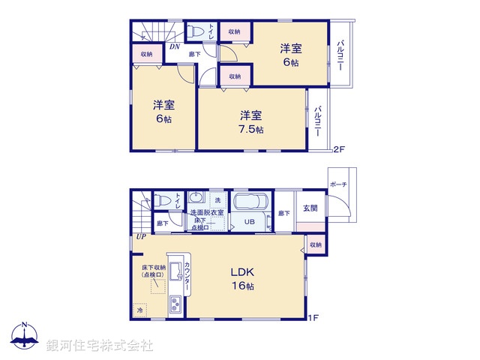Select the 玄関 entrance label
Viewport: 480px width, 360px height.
pos(310,208)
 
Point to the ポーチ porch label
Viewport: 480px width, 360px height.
pos(337,183)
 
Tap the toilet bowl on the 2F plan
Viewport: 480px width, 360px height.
pos(196,32)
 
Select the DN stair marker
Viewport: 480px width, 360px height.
pos(174,47)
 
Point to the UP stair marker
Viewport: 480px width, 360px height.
pos(140,238)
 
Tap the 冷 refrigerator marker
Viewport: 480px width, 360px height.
pos(139,309)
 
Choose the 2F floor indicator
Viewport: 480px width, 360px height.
pos(338,149)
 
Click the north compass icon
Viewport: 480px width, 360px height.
pos(25,336)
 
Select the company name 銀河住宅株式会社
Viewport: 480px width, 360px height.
pos(99,346)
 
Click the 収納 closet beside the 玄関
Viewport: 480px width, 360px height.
pos(314,244)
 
